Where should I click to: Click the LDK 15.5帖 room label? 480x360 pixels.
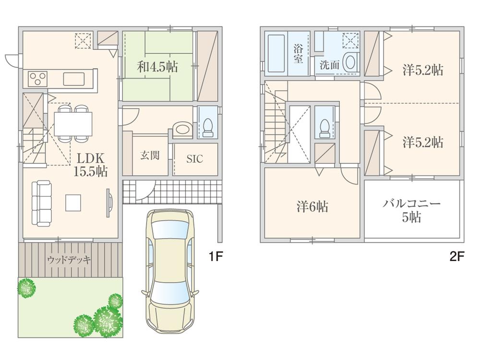(x=90, y=165)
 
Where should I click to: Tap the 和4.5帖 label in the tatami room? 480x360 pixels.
(x=157, y=67)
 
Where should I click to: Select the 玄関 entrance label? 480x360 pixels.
(x=149, y=156)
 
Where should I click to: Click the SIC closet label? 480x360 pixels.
(x=194, y=159)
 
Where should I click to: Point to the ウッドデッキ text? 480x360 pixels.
(x=69, y=260)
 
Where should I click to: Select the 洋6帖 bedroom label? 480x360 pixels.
(x=312, y=207)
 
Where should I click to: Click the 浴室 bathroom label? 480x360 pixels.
(x=298, y=52)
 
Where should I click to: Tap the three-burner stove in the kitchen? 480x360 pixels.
(x=37, y=78)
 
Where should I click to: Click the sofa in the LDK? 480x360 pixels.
(x=42, y=203)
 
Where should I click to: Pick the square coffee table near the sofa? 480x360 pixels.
(x=73, y=202)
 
